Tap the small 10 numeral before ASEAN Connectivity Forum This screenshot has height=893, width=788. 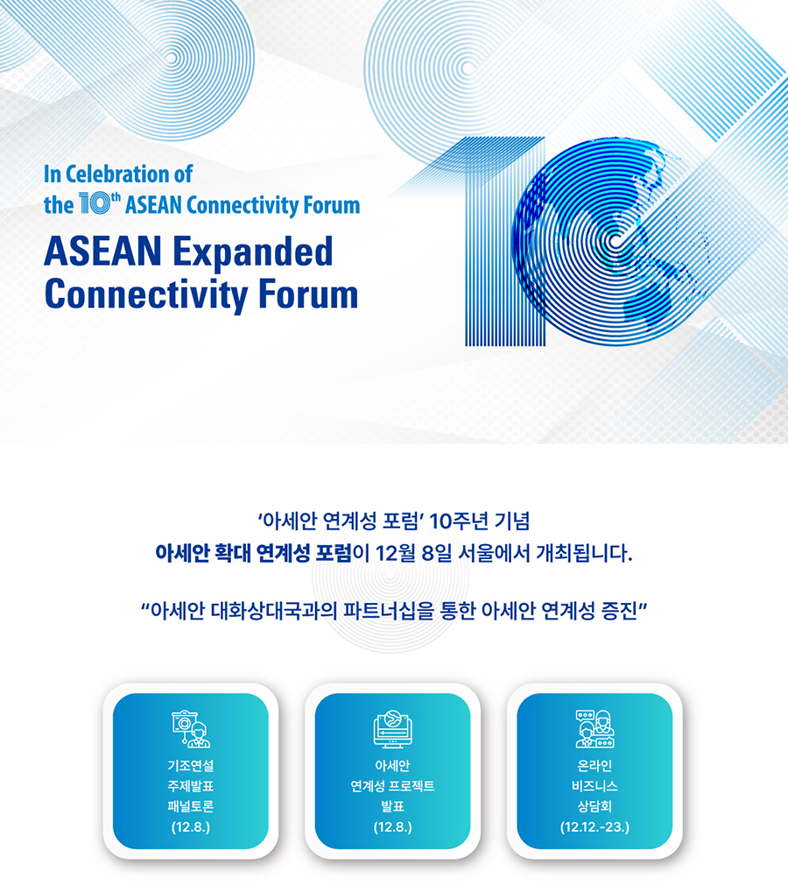94,203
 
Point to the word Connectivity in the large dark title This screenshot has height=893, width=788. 146,295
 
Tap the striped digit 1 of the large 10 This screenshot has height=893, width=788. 504,242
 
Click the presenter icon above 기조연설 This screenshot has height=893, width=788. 191,728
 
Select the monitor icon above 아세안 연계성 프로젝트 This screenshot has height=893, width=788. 392,728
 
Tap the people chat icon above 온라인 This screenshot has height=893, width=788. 595,728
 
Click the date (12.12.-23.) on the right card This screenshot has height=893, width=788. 595,827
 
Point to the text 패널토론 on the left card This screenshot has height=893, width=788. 191,806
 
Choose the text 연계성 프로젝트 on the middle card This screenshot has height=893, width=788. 392,786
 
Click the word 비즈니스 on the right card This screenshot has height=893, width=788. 595,786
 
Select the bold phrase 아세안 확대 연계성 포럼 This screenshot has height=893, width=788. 254,553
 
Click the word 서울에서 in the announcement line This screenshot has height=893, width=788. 494,553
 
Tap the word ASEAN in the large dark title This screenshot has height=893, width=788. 103,252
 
